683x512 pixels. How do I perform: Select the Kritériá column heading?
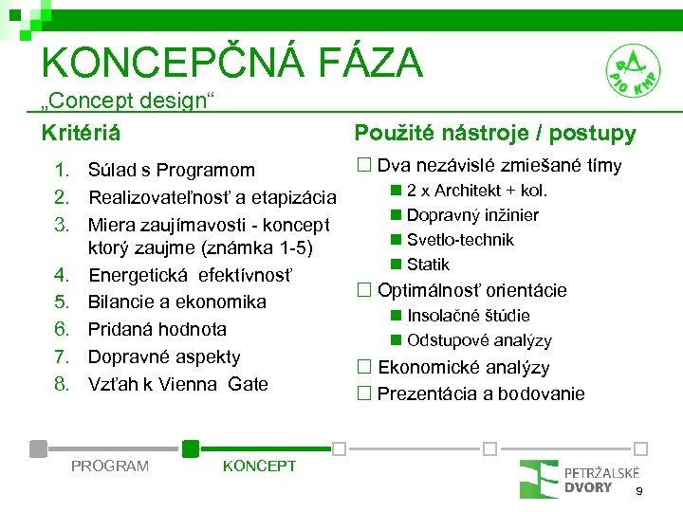tap(81, 134)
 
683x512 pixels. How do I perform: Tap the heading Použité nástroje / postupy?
tap(494, 134)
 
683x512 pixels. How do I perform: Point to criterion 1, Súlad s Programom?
tap(171, 171)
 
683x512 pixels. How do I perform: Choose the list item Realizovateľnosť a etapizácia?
tap(212, 198)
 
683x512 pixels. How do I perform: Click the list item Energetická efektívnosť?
tap(191, 275)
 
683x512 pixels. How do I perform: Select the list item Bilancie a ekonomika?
tap(176, 302)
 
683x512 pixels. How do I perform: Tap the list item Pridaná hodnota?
tap(157, 330)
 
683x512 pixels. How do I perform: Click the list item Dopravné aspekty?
tap(164, 357)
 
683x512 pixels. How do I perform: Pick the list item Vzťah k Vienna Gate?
tap(177, 385)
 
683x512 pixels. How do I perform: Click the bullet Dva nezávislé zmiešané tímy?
tap(499, 167)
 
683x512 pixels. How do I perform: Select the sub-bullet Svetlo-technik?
tap(459, 240)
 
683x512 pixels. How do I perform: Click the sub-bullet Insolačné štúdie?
tap(468, 316)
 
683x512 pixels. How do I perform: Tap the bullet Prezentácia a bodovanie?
tap(480, 393)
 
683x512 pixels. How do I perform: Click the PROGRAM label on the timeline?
tap(110, 466)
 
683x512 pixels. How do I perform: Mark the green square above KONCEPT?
tap(191, 448)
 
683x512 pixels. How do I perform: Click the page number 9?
tap(639, 491)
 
